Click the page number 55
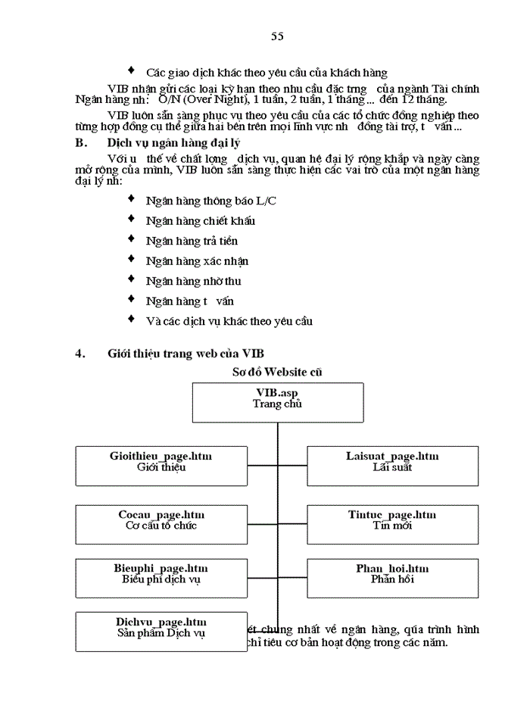click(x=277, y=36)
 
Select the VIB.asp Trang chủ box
click(x=277, y=401)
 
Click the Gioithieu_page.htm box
click(x=161, y=465)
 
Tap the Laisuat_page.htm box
click(x=392, y=465)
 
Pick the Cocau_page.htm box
click(x=161, y=523)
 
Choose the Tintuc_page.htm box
click(x=392, y=523)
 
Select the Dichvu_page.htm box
click(x=161, y=631)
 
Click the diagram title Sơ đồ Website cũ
click(x=278, y=371)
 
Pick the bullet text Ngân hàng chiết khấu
click(x=201, y=221)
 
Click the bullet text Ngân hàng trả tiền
click(x=192, y=241)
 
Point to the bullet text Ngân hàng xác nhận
click(x=197, y=261)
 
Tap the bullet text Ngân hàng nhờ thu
click(x=194, y=281)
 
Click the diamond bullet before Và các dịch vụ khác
click(x=132, y=320)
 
